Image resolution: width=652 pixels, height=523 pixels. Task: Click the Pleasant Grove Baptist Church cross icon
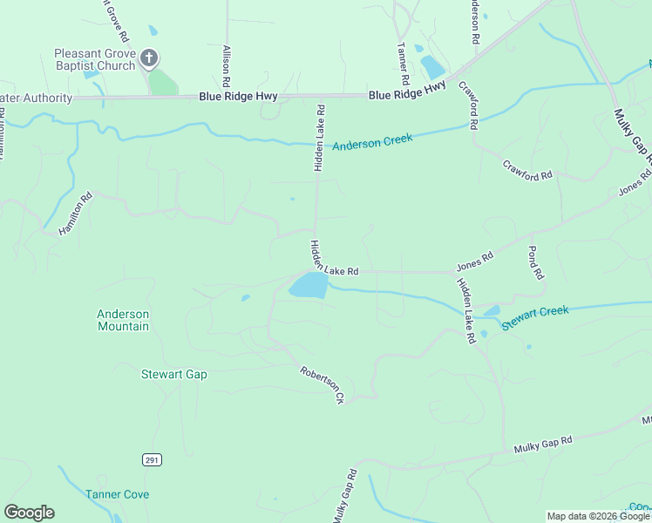click(149, 58)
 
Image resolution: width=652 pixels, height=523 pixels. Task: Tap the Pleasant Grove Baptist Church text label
click(94, 59)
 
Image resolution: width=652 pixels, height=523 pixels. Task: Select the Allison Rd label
click(227, 65)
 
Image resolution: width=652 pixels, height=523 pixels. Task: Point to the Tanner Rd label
click(402, 64)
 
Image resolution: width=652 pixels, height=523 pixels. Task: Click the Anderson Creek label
click(372, 141)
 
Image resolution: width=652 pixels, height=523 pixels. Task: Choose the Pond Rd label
click(536, 261)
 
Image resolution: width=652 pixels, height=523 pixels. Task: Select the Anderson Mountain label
click(123, 320)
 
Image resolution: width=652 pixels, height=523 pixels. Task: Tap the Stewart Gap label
click(174, 374)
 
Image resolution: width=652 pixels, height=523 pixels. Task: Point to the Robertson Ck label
click(323, 384)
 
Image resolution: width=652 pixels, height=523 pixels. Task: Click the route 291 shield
click(151, 459)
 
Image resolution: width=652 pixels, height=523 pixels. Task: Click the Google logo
click(29, 513)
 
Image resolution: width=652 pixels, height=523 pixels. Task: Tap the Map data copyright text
click(598, 516)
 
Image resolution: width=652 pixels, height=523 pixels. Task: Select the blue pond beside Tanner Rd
click(431, 66)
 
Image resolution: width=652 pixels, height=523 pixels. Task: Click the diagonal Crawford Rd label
click(527, 169)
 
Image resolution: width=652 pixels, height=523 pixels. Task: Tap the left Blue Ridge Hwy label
click(230, 98)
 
